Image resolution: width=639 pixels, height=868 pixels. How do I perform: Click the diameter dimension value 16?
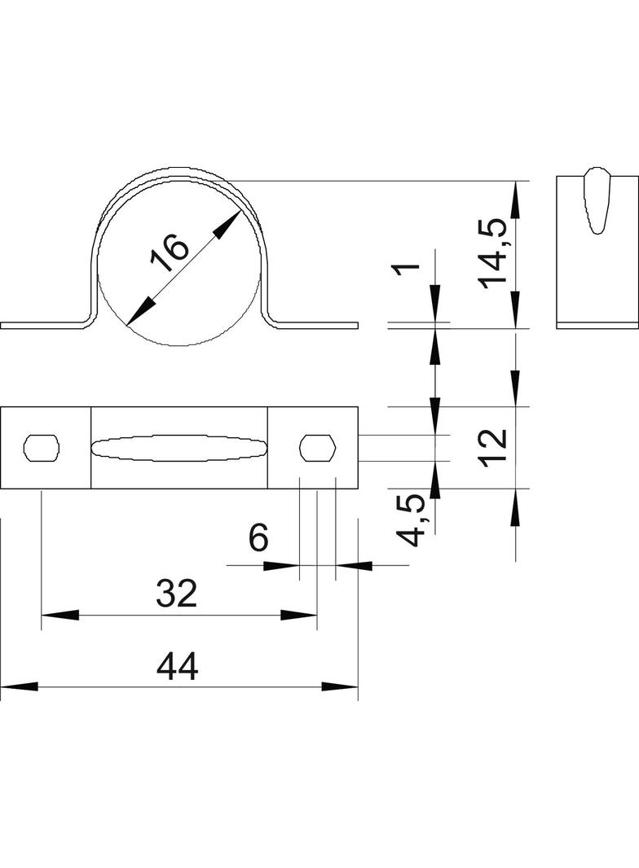coord(169,253)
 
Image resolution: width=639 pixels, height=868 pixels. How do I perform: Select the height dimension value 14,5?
coord(494,253)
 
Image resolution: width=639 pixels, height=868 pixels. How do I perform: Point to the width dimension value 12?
coord(494,447)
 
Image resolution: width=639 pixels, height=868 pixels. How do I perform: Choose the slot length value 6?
coord(258,538)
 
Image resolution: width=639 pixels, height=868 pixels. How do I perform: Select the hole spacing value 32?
coord(177,595)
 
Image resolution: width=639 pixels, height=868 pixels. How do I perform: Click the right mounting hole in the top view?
coord(318,447)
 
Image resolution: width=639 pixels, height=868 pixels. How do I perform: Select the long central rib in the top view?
coord(178,447)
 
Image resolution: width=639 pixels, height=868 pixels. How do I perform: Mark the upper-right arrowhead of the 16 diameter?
coord(227,224)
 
